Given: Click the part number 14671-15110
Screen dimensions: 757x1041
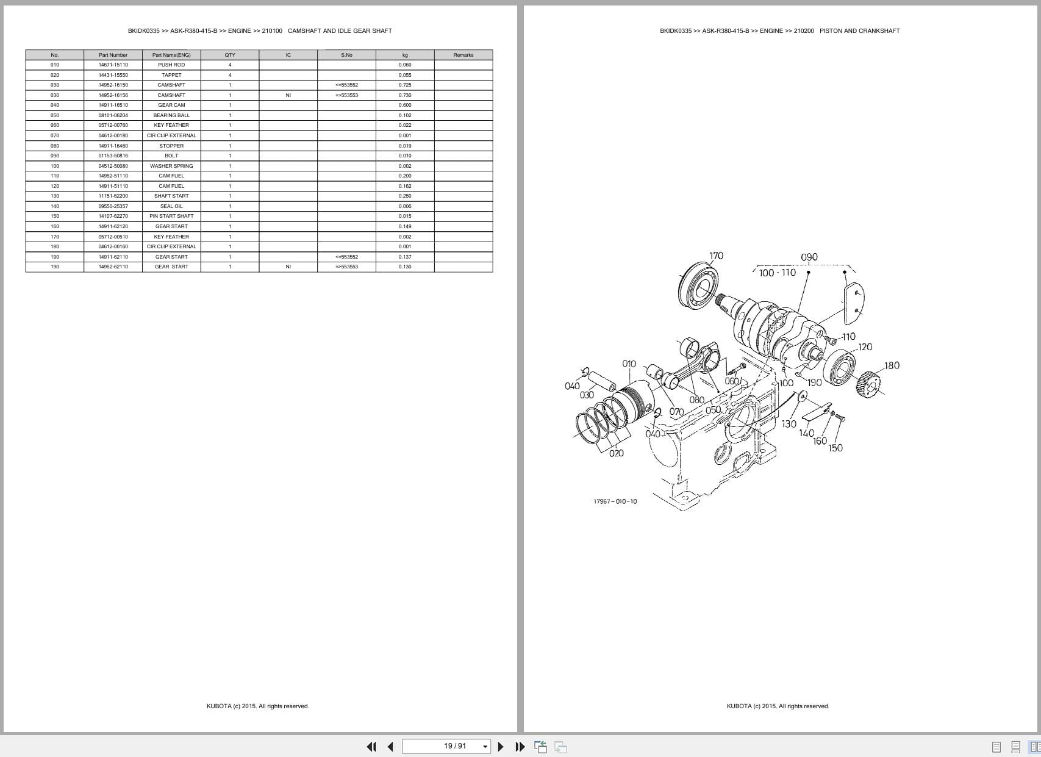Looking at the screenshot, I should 113,65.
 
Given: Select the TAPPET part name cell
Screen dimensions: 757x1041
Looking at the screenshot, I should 171,75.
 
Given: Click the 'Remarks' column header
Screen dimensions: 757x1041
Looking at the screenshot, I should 463,55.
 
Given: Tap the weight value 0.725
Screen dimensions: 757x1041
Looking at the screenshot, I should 405,85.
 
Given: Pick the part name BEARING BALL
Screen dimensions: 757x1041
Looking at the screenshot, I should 171,115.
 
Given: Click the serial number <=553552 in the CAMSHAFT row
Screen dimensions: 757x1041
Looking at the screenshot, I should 346,85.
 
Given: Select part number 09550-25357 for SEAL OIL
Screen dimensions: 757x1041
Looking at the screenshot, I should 113,206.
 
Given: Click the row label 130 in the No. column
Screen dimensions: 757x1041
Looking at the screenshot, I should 55,196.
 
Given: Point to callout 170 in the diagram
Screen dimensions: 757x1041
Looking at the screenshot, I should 716,256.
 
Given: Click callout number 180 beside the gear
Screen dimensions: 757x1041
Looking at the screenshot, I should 892,365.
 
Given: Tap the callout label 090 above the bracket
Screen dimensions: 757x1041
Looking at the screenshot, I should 809,257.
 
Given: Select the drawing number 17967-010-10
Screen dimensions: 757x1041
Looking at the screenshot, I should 615,501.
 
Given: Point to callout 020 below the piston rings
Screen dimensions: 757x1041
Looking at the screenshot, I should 616,453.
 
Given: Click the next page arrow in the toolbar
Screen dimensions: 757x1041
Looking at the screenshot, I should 501,746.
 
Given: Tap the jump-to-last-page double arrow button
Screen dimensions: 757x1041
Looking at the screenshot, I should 520,746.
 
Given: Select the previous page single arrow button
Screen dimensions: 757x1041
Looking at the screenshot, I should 390,746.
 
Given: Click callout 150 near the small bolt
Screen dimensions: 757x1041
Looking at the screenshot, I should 835,448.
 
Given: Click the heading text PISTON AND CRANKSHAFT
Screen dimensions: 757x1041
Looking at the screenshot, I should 859,30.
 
